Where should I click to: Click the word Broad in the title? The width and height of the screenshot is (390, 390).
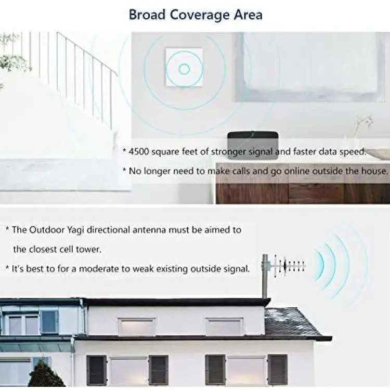(x=147, y=15)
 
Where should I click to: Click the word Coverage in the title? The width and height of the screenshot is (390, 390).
(x=200, y=15)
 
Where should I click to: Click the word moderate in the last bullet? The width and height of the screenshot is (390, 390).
(x=99, y=269)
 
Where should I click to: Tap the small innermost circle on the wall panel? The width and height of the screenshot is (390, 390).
(x=184, y=69)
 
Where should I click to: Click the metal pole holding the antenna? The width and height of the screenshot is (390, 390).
(x=265, y=276)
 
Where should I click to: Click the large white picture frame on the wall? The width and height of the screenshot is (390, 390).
(x=310, y=67)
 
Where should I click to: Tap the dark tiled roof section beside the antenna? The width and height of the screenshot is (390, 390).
(x=296, y=322)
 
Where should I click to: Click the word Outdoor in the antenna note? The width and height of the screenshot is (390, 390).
(x=47, y=230)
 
